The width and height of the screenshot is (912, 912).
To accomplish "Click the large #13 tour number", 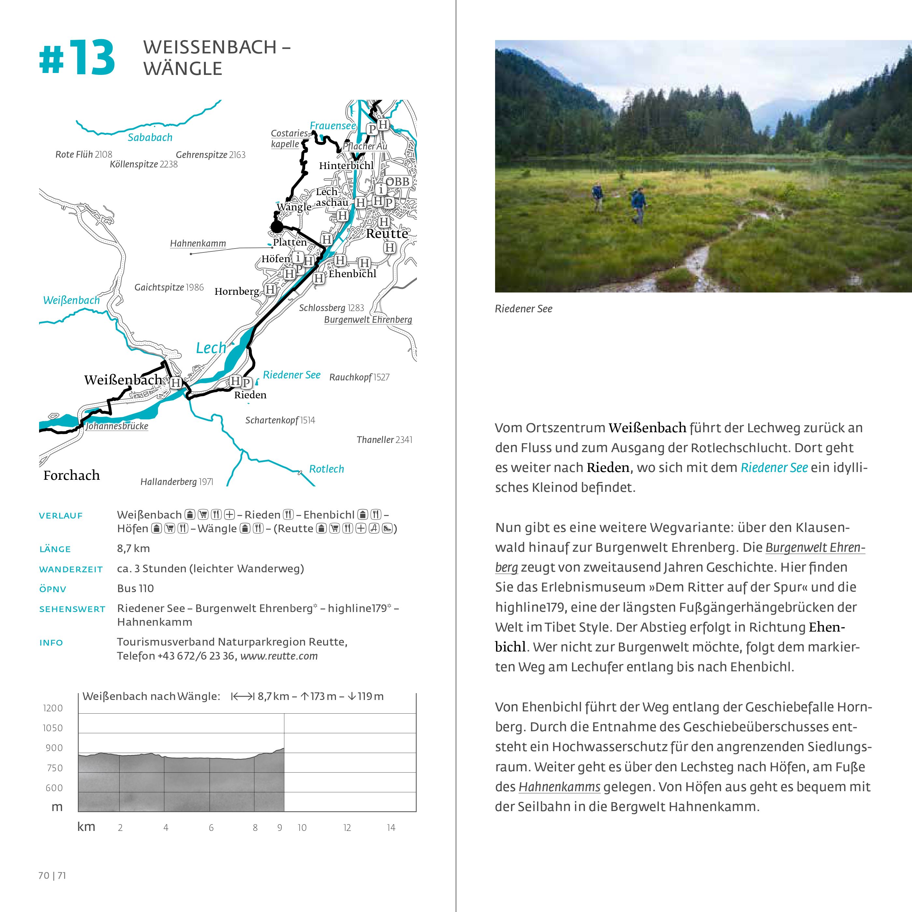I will pyautogui.click(x=77, y=59).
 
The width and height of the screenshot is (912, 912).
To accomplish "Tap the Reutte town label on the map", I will pyautogui.click(x=387, y=233).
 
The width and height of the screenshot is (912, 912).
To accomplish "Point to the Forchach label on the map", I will pyautogui.click(x=71, y=475).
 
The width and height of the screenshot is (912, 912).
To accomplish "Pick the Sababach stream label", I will pyautogui.click(x=150, y=137).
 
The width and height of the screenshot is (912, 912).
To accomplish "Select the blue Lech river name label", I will pyautogui.click(x=211, y=348).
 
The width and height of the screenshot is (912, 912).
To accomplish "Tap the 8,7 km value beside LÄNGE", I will pyautogui.click(x=133, y=548).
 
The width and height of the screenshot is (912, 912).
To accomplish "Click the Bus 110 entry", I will pyautogui.click(x=135, y=588).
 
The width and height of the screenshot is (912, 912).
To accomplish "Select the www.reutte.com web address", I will pyautogui.click(x=279, y=656).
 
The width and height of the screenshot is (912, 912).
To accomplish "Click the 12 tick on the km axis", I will pyautogui.click(x=347, y=828).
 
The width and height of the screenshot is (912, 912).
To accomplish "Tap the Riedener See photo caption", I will pyautogui.click(x=523, y=309).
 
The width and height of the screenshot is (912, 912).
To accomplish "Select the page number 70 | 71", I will pyautogui.click(x=52, y=876).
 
